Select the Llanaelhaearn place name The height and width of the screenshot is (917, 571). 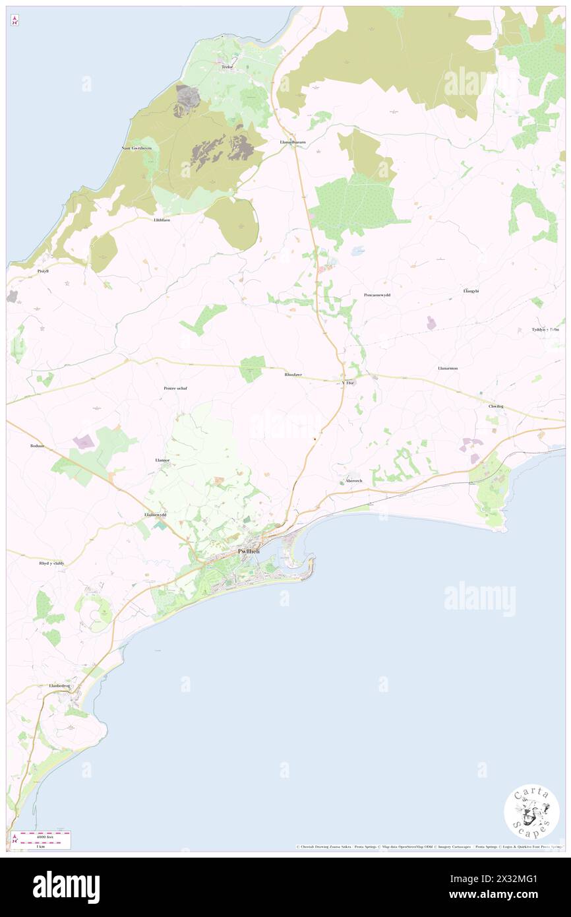pyautogui.click(x=292, y=142)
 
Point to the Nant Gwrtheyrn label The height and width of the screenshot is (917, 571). pyautogui.click(x=136, y=148)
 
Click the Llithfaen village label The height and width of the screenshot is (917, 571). pyautogui.click(x=161, y=220)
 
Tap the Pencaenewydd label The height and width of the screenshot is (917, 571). pyautogui.click(x=377, y=295)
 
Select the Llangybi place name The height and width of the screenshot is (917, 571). pyautogui.click(x=471, y=290)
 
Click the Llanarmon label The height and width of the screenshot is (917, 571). pyautogui.click(x=447, y=367)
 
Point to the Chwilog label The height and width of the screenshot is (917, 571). pyautogui.click(x=496, y=406)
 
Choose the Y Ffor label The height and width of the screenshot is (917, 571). pyautogui.click(x=347, y=383)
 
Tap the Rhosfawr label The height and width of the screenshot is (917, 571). pyautogui.click(x=293, y=375)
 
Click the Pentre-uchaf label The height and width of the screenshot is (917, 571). pyautogui.click(x=175, y=388)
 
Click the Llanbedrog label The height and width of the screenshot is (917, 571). pyautogui.click(x=59, y=685)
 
